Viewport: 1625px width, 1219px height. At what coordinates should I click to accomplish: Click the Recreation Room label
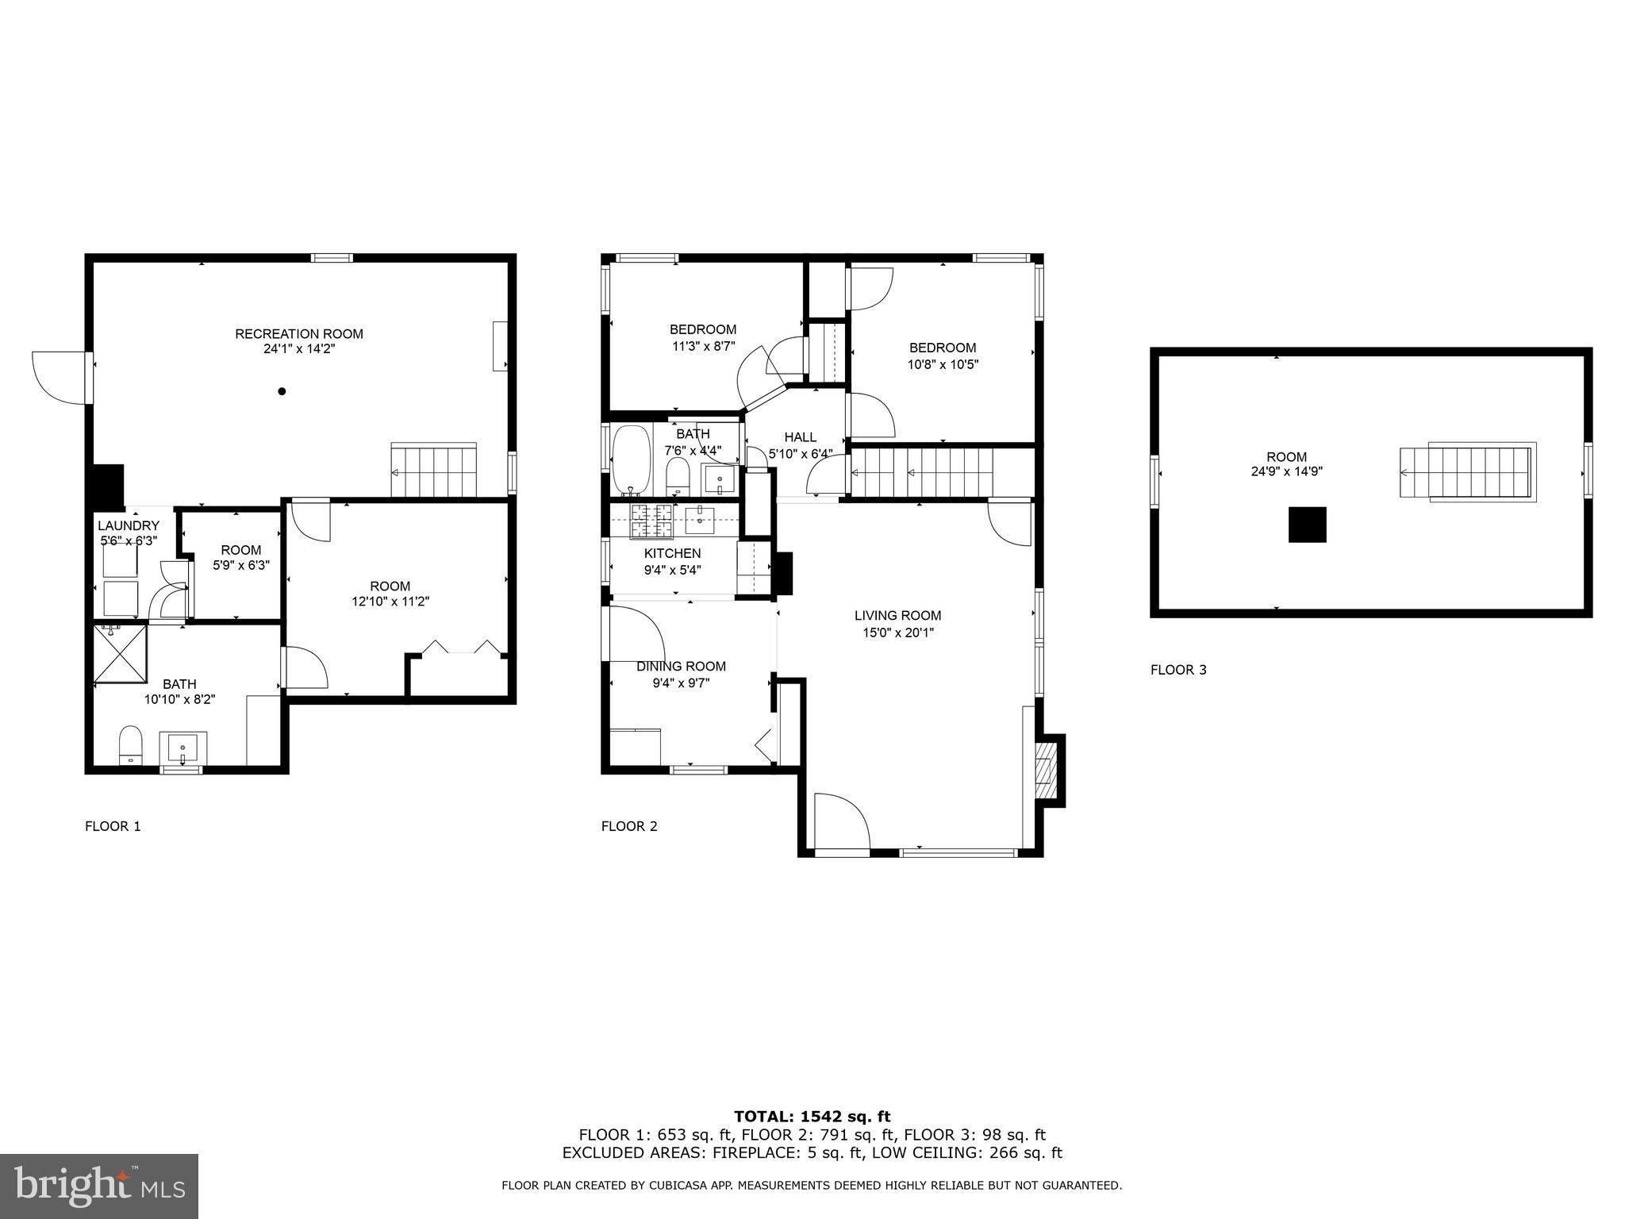299,334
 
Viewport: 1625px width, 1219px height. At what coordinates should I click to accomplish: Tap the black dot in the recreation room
282,391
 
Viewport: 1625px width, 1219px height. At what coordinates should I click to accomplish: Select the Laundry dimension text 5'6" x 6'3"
129,540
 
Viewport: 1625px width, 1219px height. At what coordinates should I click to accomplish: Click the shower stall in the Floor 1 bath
121,653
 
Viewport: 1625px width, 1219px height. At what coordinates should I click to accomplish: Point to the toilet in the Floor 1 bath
130,744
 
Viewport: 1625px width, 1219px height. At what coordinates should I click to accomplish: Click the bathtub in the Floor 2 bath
632,460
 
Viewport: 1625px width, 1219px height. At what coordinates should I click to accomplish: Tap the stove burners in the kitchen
651,520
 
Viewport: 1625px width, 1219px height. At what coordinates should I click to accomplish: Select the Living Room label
897,615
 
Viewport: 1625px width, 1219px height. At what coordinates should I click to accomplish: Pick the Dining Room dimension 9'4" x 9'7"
673,682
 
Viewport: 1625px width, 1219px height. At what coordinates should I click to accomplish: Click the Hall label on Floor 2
800,437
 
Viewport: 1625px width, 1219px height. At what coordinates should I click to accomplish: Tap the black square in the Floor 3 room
1307,525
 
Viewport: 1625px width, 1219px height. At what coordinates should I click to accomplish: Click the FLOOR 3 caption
1178,670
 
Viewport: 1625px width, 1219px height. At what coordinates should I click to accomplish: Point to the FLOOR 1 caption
113,826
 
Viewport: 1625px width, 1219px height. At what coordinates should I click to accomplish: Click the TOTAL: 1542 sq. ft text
812,1117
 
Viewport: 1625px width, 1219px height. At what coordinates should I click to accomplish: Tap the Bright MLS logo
99,1186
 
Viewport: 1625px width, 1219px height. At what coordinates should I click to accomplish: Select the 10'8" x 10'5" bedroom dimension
943,365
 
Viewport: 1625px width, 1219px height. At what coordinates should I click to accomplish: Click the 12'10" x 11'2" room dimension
390,602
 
